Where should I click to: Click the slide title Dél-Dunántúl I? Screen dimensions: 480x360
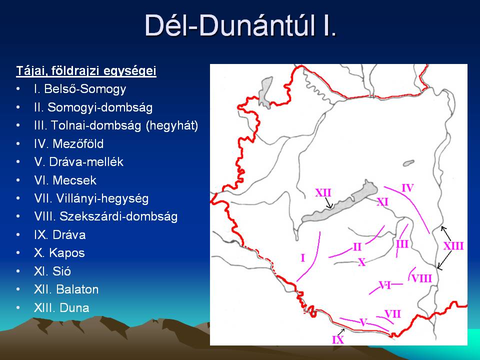point(240,25)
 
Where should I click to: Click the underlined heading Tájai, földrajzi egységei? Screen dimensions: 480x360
point(86,71)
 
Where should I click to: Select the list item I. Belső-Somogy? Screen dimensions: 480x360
point(80,89)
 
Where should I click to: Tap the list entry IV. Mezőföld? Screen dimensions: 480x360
point(69,143)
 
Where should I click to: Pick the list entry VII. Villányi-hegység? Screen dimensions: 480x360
point(91,198)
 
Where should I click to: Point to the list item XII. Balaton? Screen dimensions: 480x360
point(66,289)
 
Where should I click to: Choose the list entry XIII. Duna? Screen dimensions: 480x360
point(61,307)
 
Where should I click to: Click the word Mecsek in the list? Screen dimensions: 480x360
point(74,180)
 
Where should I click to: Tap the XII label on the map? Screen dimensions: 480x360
point(323,193)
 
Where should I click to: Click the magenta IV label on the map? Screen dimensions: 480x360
point(407,187)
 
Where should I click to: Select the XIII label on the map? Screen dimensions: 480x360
point(453,246)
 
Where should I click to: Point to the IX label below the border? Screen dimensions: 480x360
point(338,339)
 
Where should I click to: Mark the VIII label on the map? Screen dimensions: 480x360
point(422,278)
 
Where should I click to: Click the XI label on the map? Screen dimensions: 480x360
point(382,202)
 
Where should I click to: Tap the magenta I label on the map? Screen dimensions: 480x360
point(303,258)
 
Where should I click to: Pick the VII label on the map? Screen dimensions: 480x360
point(392,314)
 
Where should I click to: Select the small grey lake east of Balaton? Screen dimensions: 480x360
point(408,163)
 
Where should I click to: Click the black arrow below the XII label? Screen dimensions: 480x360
point(328,203)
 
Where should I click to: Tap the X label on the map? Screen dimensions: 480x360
point(362,262)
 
